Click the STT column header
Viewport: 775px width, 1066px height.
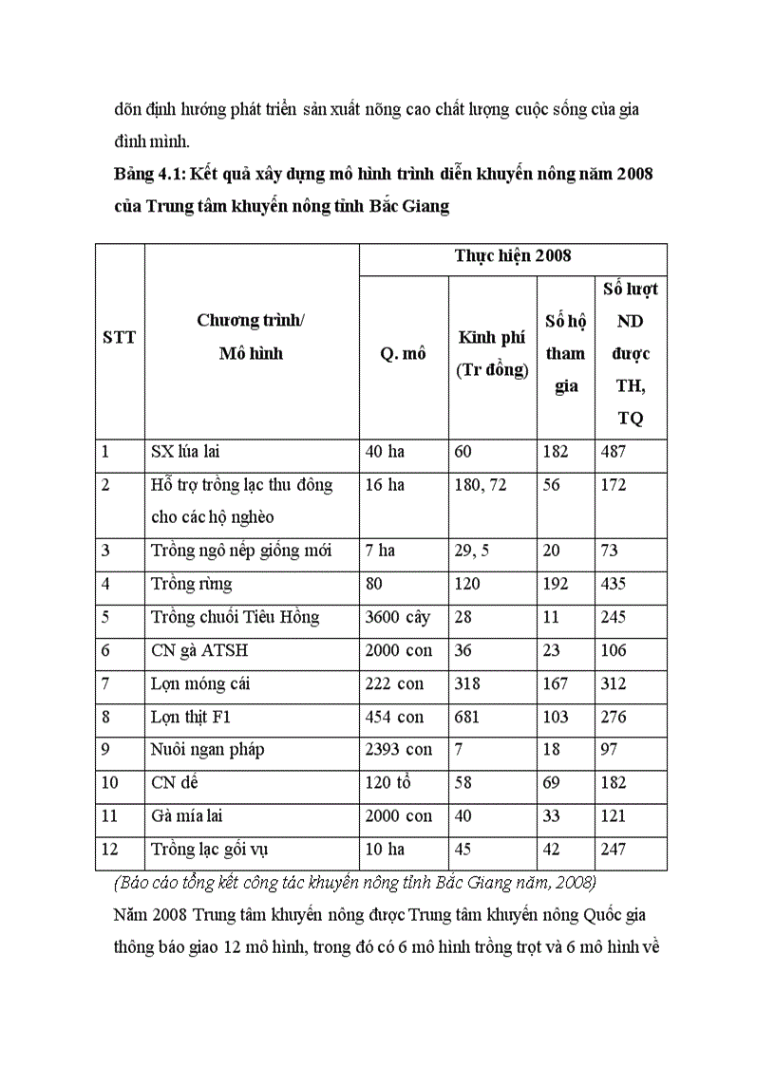click(x=119, y=337)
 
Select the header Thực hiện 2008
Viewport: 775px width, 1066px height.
click(x=512, y=256)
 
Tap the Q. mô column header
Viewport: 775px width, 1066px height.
click(x=403, y=354)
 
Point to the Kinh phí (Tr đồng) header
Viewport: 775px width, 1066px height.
click(x=492, y=353)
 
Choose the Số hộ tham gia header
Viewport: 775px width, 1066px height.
click(x=565, y=353)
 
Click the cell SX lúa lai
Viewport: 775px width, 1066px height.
click(x=185, y=452)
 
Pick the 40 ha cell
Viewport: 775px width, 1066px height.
click(x=385, y=452)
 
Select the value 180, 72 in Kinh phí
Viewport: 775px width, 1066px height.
click(x=481, y=485)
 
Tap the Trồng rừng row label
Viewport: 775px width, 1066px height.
click(x=191, y=584)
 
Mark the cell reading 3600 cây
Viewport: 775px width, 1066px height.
click(x=397, y=617)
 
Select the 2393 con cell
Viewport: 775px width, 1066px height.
click(x=398, y=750)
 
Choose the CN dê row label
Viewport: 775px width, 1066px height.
click(x=175, y=783)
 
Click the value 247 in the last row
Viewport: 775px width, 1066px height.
click(x=614, y=850)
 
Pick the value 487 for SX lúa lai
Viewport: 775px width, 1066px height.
click(x=614, y=452)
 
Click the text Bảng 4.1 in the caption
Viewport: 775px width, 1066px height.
click(x=147, y=175)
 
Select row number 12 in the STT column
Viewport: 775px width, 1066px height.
click(x=110, y=850)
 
